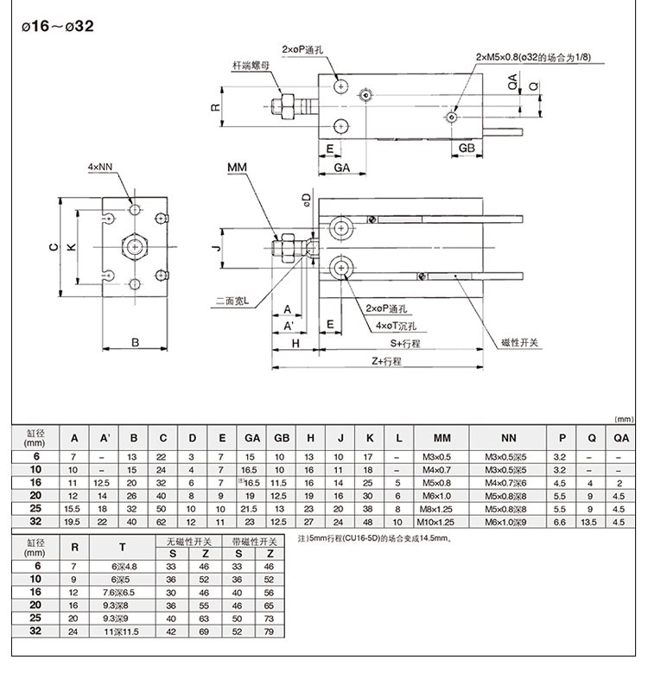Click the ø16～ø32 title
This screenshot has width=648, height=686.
click(x=56, y=26)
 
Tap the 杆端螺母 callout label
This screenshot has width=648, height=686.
click(x=251, y=65)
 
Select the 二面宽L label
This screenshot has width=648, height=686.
click(x=232, y=302)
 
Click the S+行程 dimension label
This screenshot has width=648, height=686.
click(x=403, y=344)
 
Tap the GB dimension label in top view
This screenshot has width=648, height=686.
click(x=467, y=149)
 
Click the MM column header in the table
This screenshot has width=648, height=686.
click(x=442, y=437)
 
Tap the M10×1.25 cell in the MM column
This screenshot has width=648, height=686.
click(x=442, y=521)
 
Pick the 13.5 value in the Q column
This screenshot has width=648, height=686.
click(x=592, y=521)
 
